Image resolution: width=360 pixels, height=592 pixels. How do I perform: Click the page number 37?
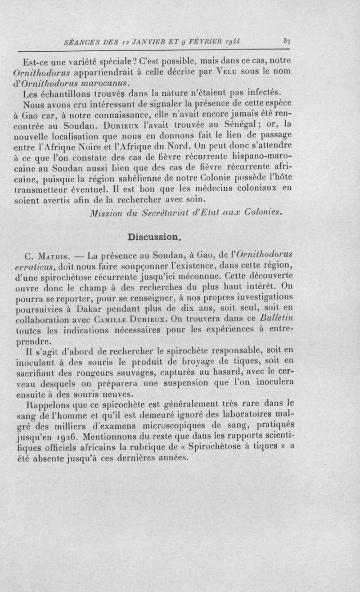[x=287, y=41]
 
